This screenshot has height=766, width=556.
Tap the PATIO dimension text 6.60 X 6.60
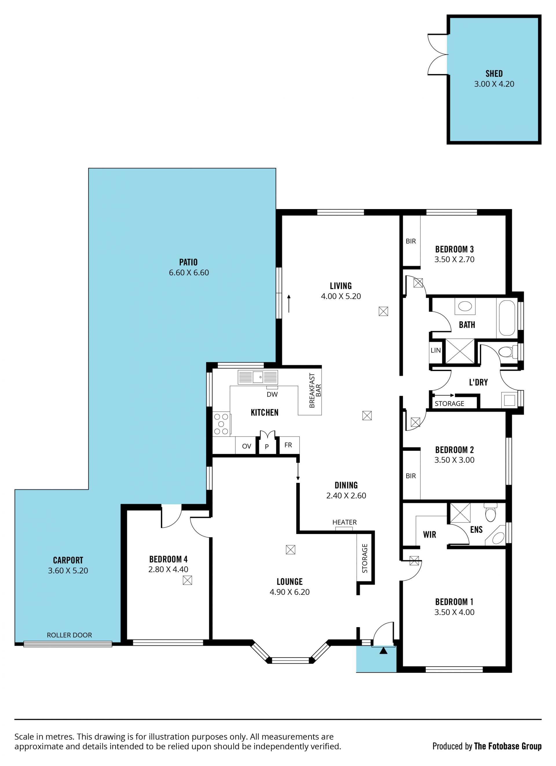pyautogui.click(x=189, y=273)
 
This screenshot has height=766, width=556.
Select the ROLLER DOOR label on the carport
pyautogui.click(x=69, y=635)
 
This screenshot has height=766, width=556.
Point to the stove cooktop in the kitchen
pyautogui.click(x=222, y=424)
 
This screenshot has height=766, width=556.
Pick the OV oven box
pyautogui.click(x=246, y=446)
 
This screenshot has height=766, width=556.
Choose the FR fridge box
pyautogui.click(x=288, y=445)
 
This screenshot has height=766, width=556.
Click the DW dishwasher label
pyautogui.click(x=272, y=394)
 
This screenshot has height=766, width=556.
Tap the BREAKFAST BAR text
pyautogui.click(x=315, y=390)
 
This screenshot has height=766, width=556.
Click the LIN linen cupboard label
pyautogui.click(x=436, y=350)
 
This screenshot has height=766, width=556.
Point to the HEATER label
pyautogui.click(x=344, y=522)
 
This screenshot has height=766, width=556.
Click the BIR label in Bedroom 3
pyautogui.click(x=411, y=241)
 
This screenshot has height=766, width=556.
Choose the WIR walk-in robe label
pyautogui.click(x=429, y=534)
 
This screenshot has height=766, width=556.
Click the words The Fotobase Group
pyautogui.click(x=508, y=746)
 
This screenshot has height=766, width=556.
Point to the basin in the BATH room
pyautogui.click(x=465, y=306)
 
